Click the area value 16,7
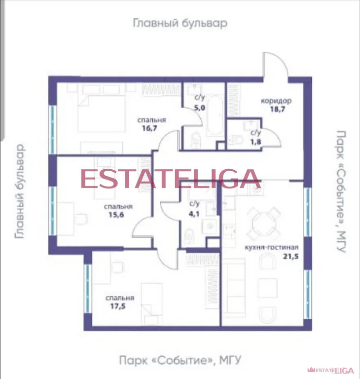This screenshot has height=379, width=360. click(x=149, y=128)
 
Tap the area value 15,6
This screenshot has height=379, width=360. click(x=116, y=215)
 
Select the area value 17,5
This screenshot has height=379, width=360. click(x=118, y=306)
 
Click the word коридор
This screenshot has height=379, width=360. click(x=276, y=101)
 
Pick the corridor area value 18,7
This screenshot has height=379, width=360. click(x=278, y=109)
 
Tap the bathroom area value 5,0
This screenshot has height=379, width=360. click(x=200, y=108)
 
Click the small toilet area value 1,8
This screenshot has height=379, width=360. click(x=255, y=142)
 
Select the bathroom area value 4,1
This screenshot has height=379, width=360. click(x=194, y=214)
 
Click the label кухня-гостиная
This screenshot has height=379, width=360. click(x=272, y=248)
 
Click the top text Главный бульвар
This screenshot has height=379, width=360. click(x=180, y=23)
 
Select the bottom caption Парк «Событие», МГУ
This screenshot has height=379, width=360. click(x=180, y=360)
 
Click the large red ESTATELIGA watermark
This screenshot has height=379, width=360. click(x=171, y=179)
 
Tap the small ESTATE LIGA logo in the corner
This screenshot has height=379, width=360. click(x=331, y=370)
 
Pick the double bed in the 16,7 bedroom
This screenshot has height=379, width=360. click(x=102, y=114)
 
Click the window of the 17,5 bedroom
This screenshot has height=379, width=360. click(x=88, y=289)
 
